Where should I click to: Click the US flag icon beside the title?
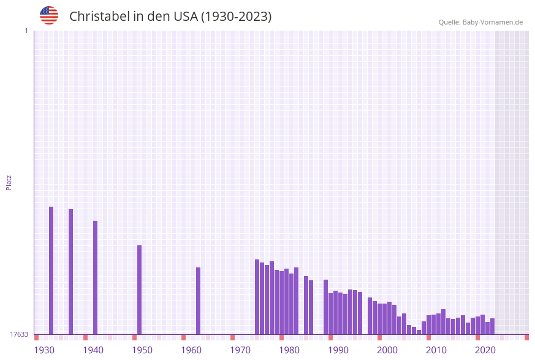[49, 15]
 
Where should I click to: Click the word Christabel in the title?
[99, 17]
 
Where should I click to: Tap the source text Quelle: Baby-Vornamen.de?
[480, 22]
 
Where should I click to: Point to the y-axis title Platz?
[9, 182]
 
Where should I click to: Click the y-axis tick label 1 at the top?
[26, 31]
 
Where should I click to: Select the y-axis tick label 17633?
[19, 334]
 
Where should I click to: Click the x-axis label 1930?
[44, 350]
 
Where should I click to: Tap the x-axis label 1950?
[142, 350]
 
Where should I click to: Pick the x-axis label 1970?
[240, 350]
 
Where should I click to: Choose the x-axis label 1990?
[338, 350]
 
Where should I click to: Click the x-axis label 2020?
[485, 350]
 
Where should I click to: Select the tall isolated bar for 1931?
[51, 270]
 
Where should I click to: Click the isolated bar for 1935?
[70, 272]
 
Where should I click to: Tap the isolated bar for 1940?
[95, 277]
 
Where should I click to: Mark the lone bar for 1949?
[139, 289]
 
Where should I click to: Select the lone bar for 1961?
[198, 301]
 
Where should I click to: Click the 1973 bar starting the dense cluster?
[257, 297]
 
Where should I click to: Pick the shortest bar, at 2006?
[419, 332]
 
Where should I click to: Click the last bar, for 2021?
[492, 326]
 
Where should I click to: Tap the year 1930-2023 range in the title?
[237, 17]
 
